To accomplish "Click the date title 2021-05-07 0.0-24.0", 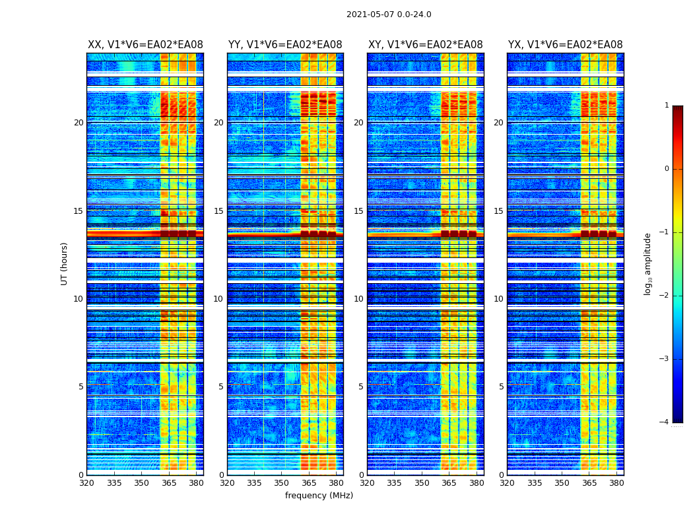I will pyautogui.click(x=389, y=15).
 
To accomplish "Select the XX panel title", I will pyautogui.click(x=145, y=45).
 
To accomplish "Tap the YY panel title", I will pyautogui.click(x=285, y=45).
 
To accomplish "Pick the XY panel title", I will pyautogui.click(x=425, y=45).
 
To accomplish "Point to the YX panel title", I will pyautogui.click(x=565, y=45).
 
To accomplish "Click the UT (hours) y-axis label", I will pyautogui.click(x=65, y=263).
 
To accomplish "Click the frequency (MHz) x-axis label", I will pyautogui.click(x=319, y=496).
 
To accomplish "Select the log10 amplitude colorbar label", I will pyautogui.click(x=648, y=263).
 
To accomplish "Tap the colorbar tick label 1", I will pyautogui.click(x=666, y=106).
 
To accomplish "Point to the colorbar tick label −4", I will pyautogui.click(x=665, y=422).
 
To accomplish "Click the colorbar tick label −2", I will pyautogui.click(x=665, y=296).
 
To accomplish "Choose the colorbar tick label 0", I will pyautogui.click(x=666, y=169).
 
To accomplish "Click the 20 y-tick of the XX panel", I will pyautogui.click(x=79, y=123).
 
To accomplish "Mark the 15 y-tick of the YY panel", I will pyautogui.click(x=218, y=211).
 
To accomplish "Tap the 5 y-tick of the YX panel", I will pyautogui.click(x=501, y=387).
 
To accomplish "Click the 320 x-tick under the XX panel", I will pyautogui.click(x=86, y=482).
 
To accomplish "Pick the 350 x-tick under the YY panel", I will pyautogui.click(x=282, y=482).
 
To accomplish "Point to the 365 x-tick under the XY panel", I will pyautogui.click(x=449, y=482).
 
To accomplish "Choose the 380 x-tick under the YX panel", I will pyautogui.click(x=616, y=482).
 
